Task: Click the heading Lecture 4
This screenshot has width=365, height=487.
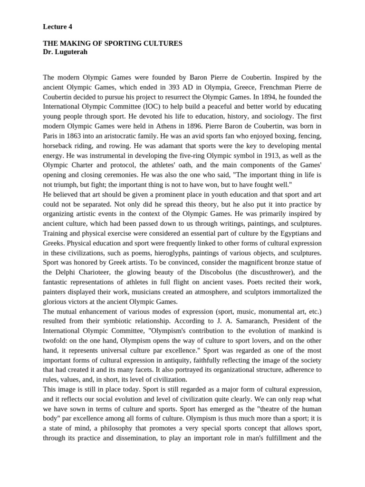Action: (58, 27)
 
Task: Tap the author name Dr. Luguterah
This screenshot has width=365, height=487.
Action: (65, 52)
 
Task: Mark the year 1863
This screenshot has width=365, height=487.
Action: (75, 136)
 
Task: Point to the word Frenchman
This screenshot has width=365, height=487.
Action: (266, 87)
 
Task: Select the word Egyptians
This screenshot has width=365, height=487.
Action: (282, 233)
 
